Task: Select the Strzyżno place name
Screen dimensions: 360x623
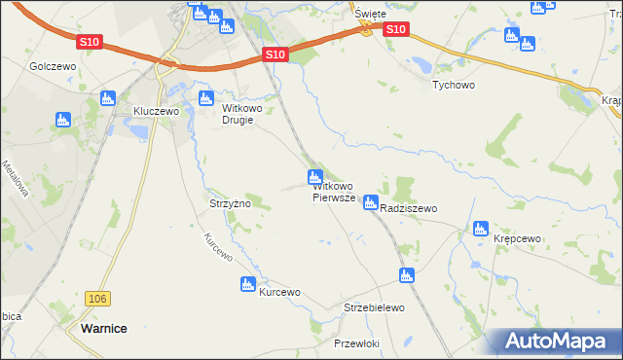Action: (x=231, y=203)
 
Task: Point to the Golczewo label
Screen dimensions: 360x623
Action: (x=53, y=66)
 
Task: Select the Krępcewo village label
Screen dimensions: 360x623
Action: (x=517, y=238)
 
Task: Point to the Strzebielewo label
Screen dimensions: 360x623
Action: (x=374, y=307)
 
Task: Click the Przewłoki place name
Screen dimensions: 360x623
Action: (x=355, y=344)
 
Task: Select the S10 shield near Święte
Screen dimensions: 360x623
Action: (x=394, y=30)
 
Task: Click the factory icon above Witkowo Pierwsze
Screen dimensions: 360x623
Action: (x=314, y=177)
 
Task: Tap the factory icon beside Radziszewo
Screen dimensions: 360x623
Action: (x=370, y=202)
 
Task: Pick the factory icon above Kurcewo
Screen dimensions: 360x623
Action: (x=247, y=284)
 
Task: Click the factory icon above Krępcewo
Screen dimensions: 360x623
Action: (x=480, y=229)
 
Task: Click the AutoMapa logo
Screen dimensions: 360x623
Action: (x=555, y=341)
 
